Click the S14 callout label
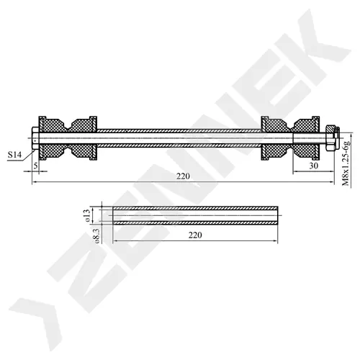tap(14, 155)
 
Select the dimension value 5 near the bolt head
tap(35, 166)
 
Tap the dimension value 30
tap(313, 166)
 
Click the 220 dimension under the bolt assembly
tap(183, 176)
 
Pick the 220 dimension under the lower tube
tap(195, 235)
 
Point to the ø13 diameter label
tap(86, 215)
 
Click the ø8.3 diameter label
tap(96, 236)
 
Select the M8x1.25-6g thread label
tap(346, 163)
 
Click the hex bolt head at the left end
tap(35, 138)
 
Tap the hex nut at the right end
tap(332, 138)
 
